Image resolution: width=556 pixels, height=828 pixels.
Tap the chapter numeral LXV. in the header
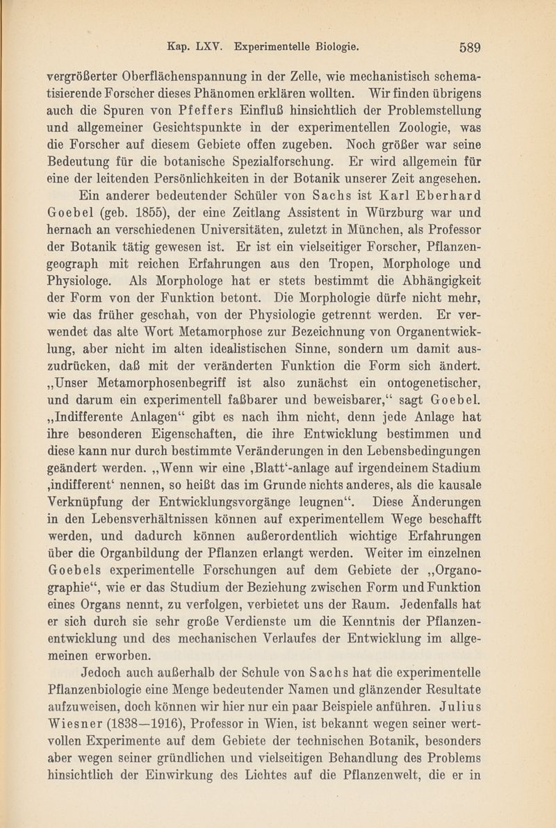click(x=213, y=48)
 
